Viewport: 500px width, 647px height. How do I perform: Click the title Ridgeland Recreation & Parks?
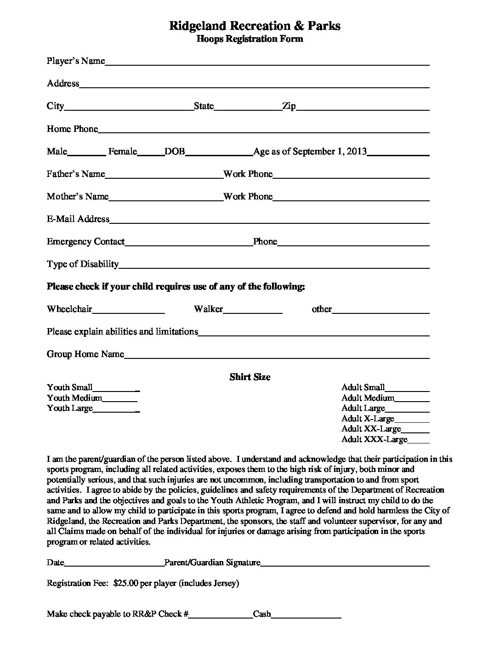(x=255, y=26)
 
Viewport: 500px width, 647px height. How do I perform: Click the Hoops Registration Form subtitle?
(x=250, y=39)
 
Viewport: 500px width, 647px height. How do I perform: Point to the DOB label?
(x=175, y=152)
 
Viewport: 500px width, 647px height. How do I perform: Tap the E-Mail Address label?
(x=78, y=219)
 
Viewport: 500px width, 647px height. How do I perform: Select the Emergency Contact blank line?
(x=188, y=244)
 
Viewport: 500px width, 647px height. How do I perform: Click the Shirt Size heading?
(x=250, y=377)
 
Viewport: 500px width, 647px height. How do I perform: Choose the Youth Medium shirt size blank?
(x=119, y=400)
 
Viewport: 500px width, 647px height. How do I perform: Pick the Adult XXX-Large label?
(x=374, y=440)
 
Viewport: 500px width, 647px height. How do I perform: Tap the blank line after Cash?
(x=306, y=616)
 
